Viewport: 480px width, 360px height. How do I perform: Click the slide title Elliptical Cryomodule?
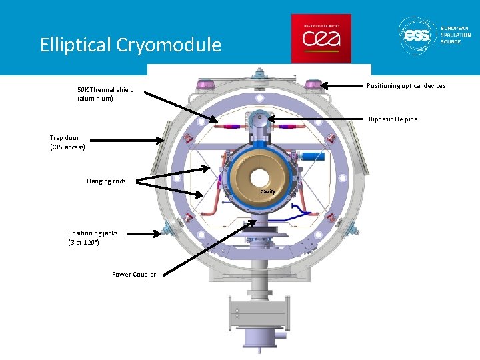130,45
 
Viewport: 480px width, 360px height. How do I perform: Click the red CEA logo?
321,39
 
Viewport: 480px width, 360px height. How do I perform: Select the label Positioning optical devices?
406,85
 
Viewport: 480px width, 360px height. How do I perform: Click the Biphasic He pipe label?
393,119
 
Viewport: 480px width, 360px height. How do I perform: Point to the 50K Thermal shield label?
105,94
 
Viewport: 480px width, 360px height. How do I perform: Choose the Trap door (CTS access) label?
67,142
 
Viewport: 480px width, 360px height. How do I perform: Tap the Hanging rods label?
106,181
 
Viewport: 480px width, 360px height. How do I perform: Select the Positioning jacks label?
93,237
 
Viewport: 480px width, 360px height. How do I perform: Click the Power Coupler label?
134,274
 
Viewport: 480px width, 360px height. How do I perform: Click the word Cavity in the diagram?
267,191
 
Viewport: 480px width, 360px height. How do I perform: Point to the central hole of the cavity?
259,178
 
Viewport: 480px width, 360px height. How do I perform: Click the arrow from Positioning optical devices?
343,85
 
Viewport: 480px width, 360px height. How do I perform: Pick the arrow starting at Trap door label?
127,140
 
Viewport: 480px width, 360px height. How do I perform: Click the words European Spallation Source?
455,35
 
